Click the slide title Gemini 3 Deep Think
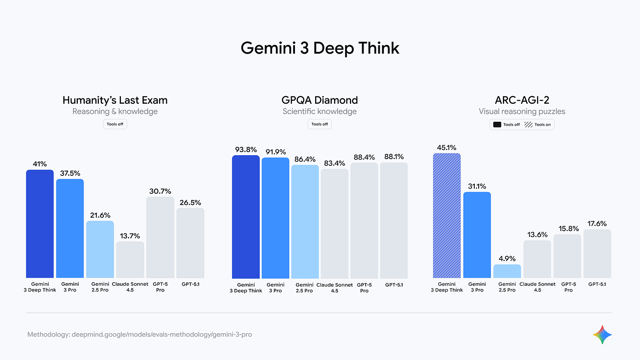pos(320,47)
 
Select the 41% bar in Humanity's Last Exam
pos(40,224)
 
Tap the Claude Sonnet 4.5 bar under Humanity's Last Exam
pos(130,260)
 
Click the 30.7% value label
pos(160,191)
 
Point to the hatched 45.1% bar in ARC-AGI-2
pos(447,215)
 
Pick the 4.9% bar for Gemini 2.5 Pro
pos(507,271)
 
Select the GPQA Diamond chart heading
pos(320,100)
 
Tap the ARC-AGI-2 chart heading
pos(522,100)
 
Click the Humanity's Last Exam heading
pos(115,100)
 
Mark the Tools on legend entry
pos(538,124)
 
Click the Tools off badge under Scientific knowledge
pos(320,124)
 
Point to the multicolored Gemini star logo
pos(602,335)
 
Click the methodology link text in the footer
pos(140,335)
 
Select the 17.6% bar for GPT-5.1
pos(597,254)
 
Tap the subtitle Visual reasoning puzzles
pos(522,112)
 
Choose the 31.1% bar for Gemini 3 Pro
pos(477,235)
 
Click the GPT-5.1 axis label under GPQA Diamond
pos(394,285)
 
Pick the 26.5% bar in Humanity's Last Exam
pos(190,243)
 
